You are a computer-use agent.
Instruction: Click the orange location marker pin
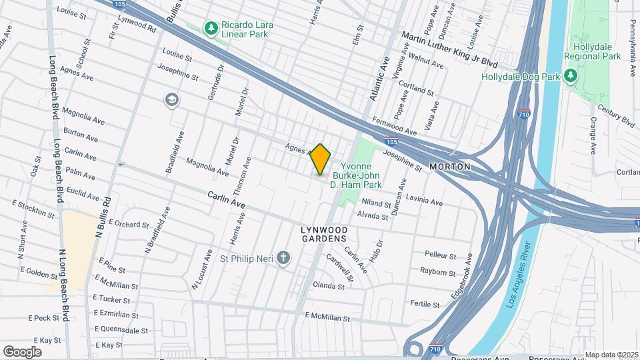point(321,159)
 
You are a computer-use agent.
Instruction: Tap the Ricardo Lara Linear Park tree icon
point(211,28)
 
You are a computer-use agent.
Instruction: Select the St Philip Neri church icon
point(284,258)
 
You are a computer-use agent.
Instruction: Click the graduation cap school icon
point(172,99)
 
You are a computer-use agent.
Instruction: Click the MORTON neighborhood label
point(449,166)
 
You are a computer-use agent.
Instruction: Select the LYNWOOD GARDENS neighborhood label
point(324,234)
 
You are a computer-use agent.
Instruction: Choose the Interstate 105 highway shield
point(392,141)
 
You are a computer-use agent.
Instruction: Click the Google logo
point(22,351)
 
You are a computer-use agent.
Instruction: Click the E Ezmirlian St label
point(115,313)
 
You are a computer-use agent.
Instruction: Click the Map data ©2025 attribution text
point(611,355)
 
